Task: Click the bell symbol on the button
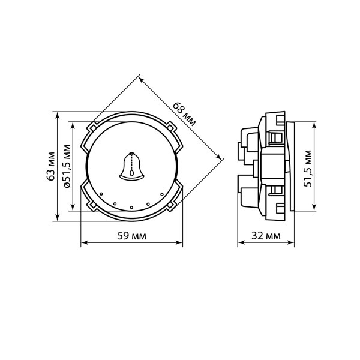coord(131,166)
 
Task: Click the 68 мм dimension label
coord(184,114)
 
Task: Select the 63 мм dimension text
coord(51,166)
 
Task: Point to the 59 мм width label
coord(131,236)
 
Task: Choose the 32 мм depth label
coord(266,236)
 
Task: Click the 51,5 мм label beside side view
coord(307,168)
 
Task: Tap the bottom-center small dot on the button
coord(131,208)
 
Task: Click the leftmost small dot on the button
coord(101,194)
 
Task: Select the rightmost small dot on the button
coord(162,194)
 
